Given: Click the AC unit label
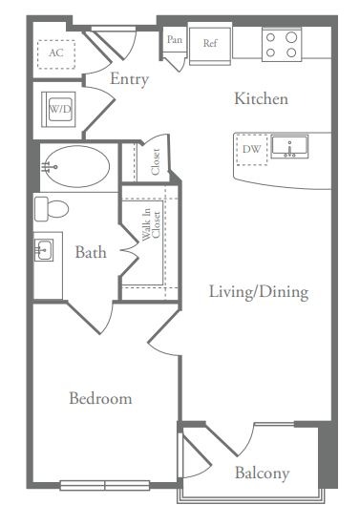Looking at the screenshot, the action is click(x=56, y=53).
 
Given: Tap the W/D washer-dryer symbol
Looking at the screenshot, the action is click(x=58, y=110).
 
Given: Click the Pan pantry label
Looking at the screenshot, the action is click(x=175, y=39).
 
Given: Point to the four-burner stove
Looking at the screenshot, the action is click(x=282, y=45).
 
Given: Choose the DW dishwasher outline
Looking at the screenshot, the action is click(x=252, y=149).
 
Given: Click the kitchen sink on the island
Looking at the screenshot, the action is click(x=289, y=147).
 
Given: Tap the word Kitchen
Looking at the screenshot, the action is click(x=261, y=98).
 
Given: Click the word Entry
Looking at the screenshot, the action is click(x=129, y=79).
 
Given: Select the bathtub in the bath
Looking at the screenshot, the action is click(x=76, y=166).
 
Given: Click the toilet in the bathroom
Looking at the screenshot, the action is click(x=52, y=209).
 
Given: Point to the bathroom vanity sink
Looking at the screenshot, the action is click(x=44, y=250).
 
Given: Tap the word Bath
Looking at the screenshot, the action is click(x=91, y=252).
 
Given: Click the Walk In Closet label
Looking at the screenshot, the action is click(x=151, y=224).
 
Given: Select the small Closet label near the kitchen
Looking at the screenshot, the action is click(x=155, y=161).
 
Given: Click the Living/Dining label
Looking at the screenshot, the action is click(x=259, y=291).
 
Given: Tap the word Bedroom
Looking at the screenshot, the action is click(x=100, y=398).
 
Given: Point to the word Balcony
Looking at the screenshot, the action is click(x=262, y=473).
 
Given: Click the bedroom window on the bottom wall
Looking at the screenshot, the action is click(x=105, y=485).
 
